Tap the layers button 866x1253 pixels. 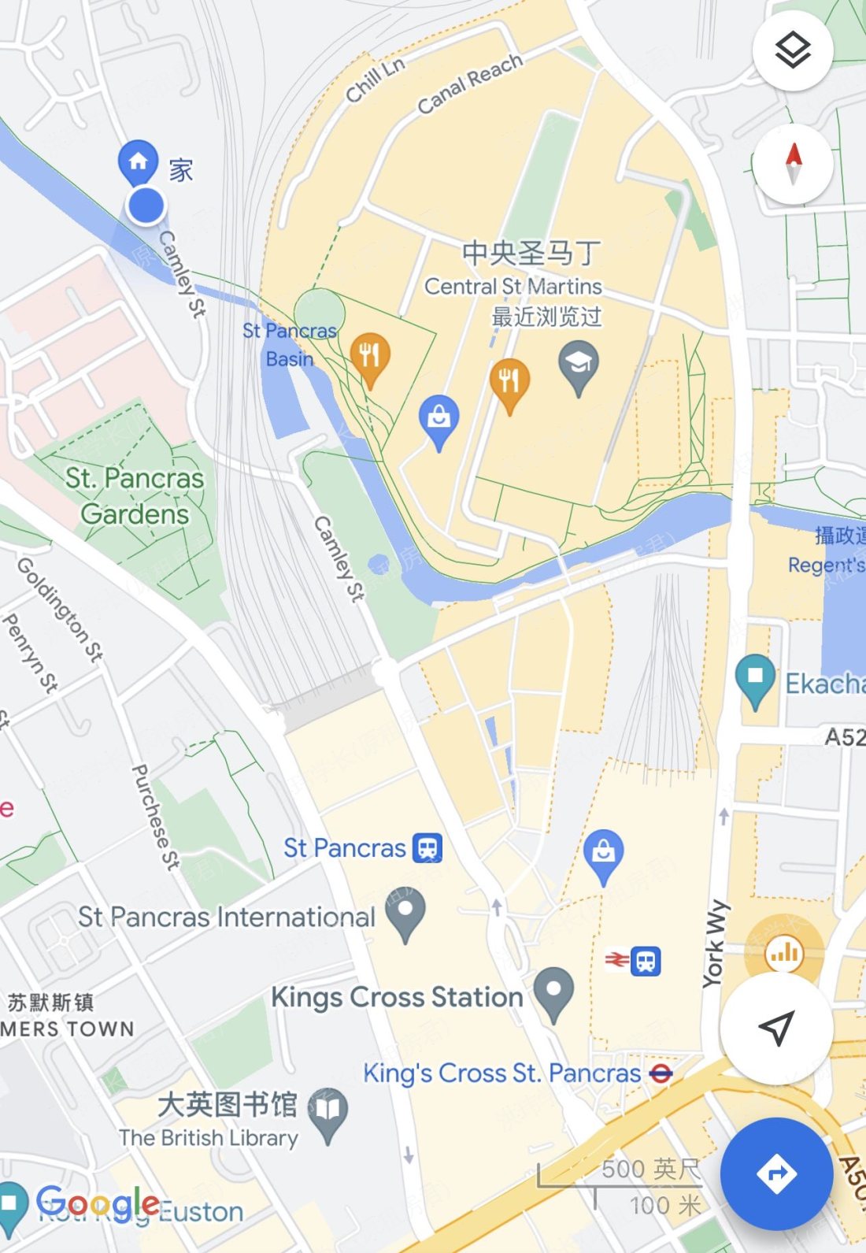[x=792, y=51]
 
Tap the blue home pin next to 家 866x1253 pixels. [x=138, y=161]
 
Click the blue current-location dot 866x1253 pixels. [x=146, y=206]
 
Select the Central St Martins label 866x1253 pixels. [x=513, y=286]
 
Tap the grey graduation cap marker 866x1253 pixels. [x=579, y=365]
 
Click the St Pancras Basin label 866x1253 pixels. [x=289, y=345]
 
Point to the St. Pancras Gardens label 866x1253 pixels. [x=135, y=496]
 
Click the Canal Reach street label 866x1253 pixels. [x=470, y=83]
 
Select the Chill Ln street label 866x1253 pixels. [x=376, y=80]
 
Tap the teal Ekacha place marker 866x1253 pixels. [x=755, y=678]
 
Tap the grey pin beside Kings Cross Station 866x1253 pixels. [x=553, y=992]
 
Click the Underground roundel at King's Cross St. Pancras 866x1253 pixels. [x=661, y=1073]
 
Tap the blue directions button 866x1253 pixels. [x=776, y=1173]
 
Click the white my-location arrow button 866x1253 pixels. [x=776, y=1027]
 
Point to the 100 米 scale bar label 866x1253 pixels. [x=665, y=1206]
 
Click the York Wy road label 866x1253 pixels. [x=714, y=943]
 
